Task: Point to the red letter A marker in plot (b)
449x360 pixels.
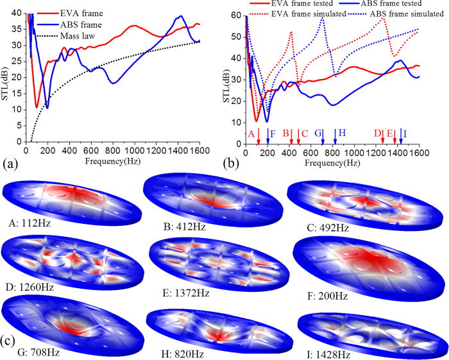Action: [251, 133]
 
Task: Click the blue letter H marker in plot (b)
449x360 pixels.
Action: [342, 133]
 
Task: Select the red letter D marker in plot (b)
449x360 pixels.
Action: [378, 133]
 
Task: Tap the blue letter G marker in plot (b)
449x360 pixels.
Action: [318, 133]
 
